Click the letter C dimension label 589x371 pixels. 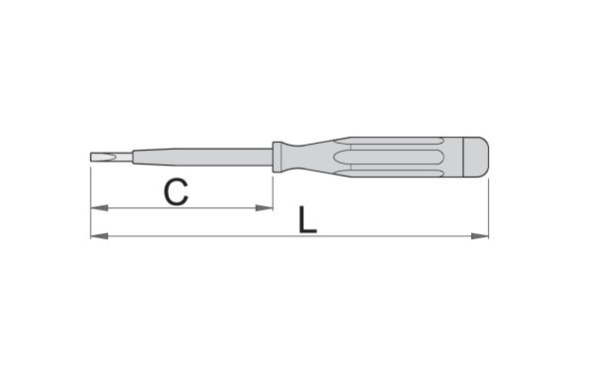(176, 192)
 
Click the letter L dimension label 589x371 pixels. (307, 219)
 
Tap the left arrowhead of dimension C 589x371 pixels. (99, 207)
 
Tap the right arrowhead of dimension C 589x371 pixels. (265, 207)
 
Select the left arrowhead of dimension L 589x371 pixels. (99, 236)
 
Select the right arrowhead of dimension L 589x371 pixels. (480, 236)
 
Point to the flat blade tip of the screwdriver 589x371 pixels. (112, 157)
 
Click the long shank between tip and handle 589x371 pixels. (203, 157)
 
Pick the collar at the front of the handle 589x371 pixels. (278, 157)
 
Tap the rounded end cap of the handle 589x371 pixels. (476, 157)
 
